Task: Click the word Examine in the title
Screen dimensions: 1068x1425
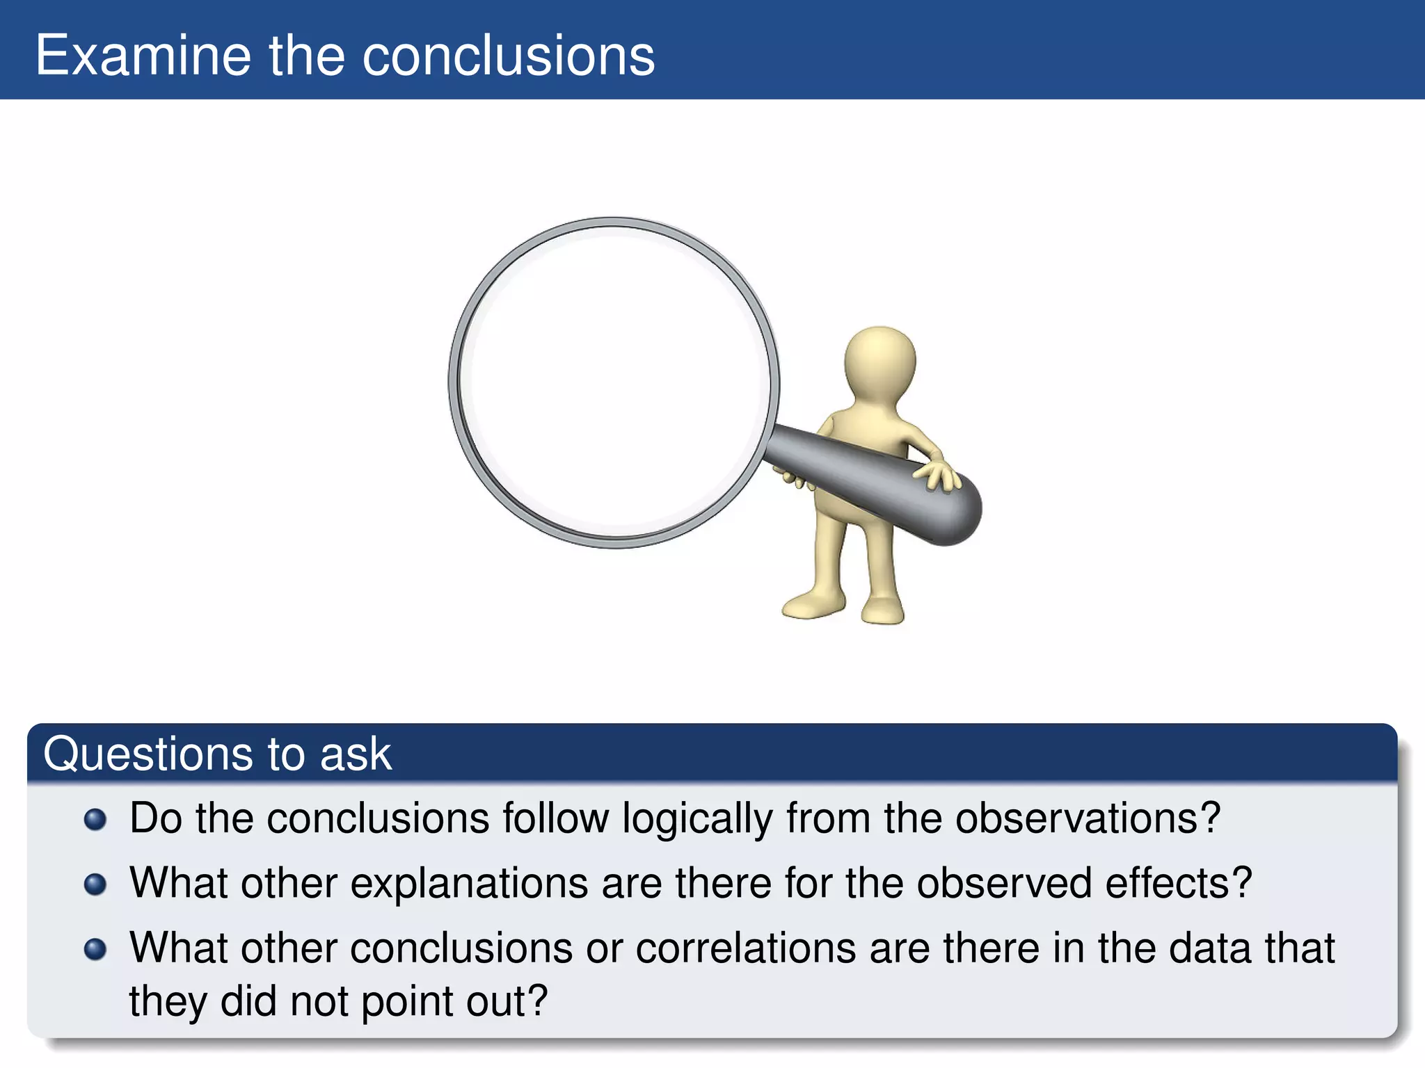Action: (143, 56)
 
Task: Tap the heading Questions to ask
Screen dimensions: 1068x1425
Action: (217, 754)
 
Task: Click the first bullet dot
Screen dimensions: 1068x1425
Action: (95, 819)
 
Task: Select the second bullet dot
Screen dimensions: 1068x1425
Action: (95, 884)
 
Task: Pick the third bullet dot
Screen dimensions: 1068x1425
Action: (95, 949)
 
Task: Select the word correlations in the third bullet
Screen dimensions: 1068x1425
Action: (745, 948)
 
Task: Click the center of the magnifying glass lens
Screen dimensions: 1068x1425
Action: (614, 382)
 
